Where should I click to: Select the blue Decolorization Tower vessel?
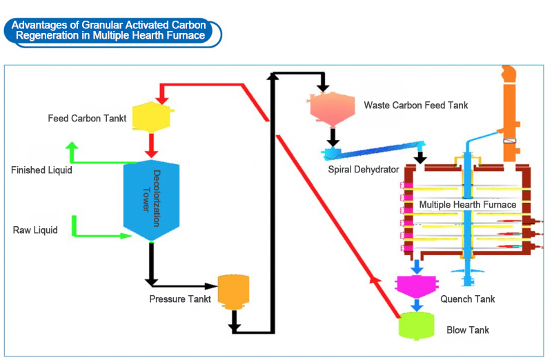click(x=151, y=200)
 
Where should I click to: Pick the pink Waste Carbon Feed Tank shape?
click(x=333, y=106)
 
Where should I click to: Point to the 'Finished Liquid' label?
click(x=41, y=170)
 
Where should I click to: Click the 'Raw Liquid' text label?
click(x=36, y=230)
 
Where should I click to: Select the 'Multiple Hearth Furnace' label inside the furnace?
click(x=468, y=205)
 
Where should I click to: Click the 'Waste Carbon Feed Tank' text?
click(x=416, y=106)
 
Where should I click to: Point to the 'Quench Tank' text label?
click(x=467, y=299)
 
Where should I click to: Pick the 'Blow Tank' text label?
click(x=468, y=330)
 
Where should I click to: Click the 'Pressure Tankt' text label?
click(x=179, y=299)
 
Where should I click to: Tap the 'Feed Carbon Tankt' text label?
click(x=87, y=118)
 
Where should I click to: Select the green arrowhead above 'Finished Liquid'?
click(x=72, y=146)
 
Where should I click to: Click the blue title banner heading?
click(x=113, y=31)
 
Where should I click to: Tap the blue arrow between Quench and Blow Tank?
click(x=416, y=304)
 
